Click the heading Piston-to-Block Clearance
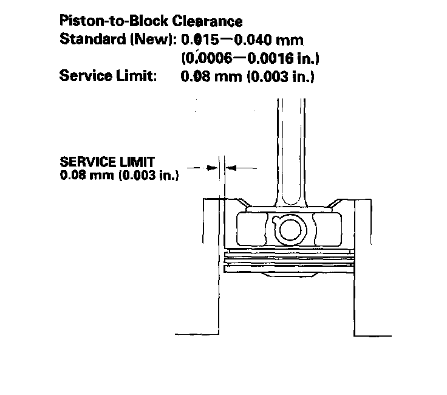(x=151, y=21)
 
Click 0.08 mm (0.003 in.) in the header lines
(x=247, y=77)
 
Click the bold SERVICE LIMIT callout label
(x=107, y=162)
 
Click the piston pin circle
(x=290, y=229)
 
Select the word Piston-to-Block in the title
(x=114, y=21)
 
